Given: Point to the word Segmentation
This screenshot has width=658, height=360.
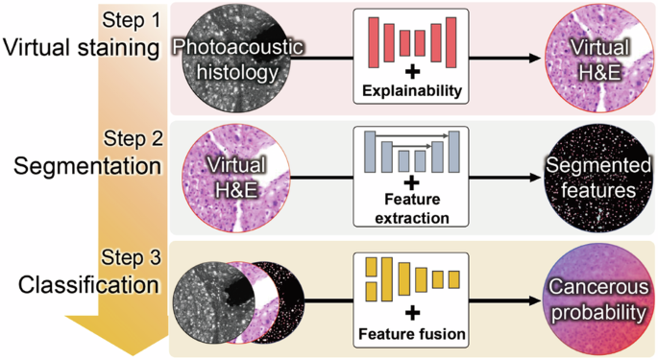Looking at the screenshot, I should [x=86, y=166].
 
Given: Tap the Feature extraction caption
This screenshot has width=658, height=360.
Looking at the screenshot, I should [x=411, y=208].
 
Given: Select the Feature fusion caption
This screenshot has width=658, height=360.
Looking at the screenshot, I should [x=411, y=335].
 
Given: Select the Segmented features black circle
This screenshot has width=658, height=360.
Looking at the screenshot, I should [x=591, y=178].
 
